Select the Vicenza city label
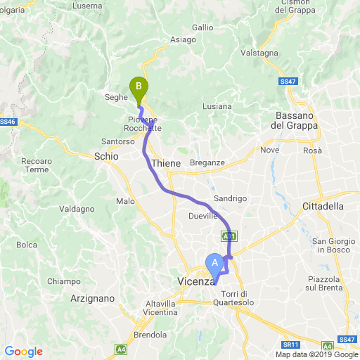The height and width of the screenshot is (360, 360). (x=193, y=282)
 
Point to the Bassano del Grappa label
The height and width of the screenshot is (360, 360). (x=295, y=120)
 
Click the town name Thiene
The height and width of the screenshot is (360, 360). (x=166, y=163)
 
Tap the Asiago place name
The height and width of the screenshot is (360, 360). (x=183, y=39)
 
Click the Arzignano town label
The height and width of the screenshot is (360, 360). (x=93, y=298)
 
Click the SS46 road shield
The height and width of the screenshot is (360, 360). (x=7, y=122)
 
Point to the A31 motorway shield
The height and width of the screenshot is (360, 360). (x=228, y=236)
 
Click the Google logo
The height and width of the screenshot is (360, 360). (x=23, y=352)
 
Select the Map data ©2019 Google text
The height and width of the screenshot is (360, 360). (x=316, y=354)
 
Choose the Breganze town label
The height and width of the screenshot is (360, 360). (x=207, y=162)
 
